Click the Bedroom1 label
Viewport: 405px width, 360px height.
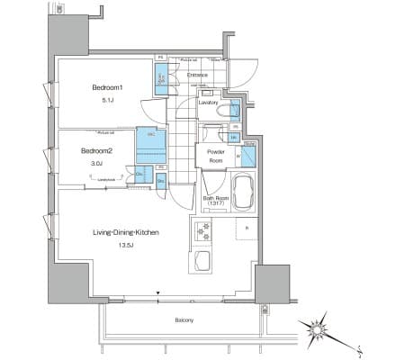[106, 88]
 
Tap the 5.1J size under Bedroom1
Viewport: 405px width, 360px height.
[106, 102]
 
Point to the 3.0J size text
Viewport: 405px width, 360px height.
[95, 164]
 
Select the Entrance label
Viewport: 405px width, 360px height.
[198, 75]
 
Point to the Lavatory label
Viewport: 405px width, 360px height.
[211, 103]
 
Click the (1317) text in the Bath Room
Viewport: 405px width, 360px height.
[215, 204]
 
